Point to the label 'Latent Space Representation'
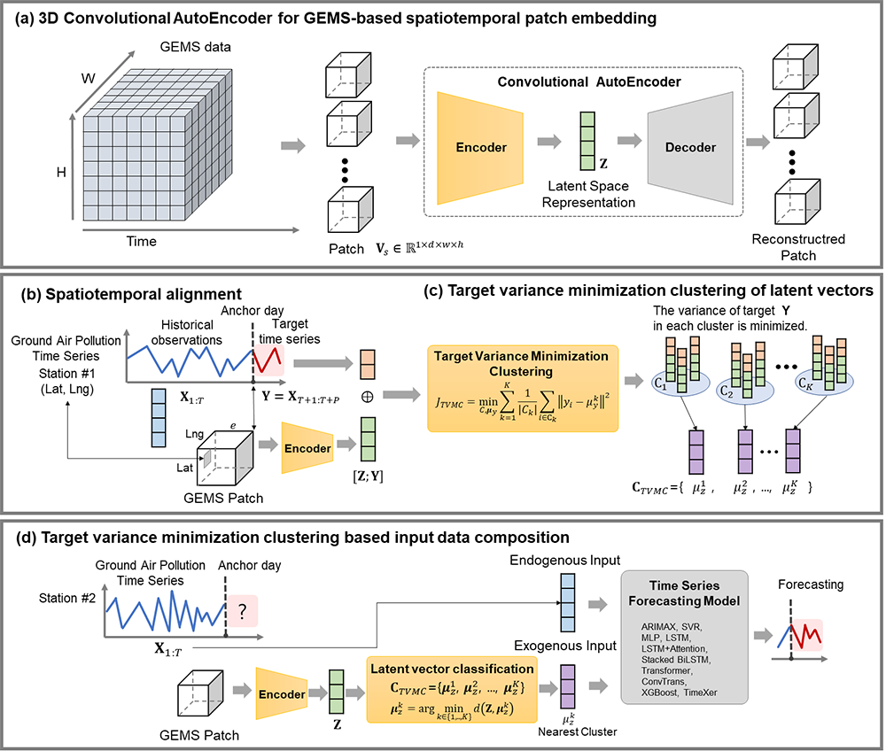click(589, 194)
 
